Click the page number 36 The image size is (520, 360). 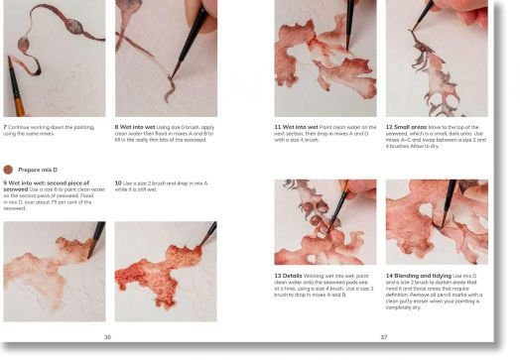coord(108,337)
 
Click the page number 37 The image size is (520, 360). coord(384,337)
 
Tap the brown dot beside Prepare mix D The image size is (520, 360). coord(9,170)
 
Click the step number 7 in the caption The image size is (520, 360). coord(6,128)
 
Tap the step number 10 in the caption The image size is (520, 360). coord(118,183)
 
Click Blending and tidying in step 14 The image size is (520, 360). coord(428,275)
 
